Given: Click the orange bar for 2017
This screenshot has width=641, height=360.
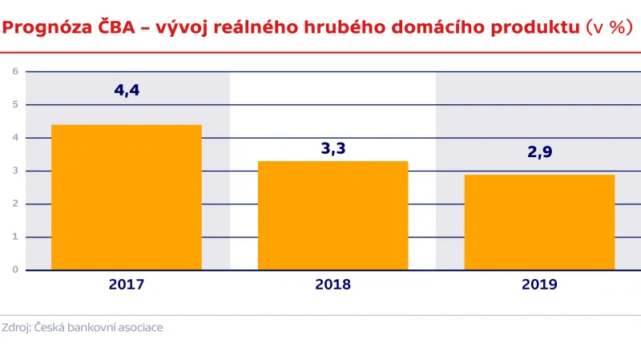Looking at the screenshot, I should [x=127, y=197].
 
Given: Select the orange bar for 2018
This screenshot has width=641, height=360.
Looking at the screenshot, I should [x=333, y=215].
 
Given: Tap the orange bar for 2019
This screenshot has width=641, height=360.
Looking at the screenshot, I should [x=539, y=222].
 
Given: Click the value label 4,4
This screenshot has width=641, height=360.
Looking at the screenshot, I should [x=127, y=90].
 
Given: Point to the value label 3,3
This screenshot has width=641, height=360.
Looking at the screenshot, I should [x=333, y=148].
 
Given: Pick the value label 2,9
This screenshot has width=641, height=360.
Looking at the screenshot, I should [x=539, y=161].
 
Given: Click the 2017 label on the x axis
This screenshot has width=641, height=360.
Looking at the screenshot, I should [x=127, y=285].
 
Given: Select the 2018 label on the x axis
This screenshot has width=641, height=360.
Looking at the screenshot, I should [x=333, y=285].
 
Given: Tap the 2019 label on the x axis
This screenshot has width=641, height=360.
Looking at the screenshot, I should [x=539, y=285].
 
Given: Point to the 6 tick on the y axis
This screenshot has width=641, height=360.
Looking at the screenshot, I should [x=14, y=71].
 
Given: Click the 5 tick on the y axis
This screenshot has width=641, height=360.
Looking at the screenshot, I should [x=14, y=104].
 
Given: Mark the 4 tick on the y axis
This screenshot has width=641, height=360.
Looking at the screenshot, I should [x=14, y=138].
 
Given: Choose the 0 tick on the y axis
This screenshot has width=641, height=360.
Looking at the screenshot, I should [x=14, y=270].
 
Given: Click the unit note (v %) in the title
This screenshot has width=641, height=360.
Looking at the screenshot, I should [x=607, y=28].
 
